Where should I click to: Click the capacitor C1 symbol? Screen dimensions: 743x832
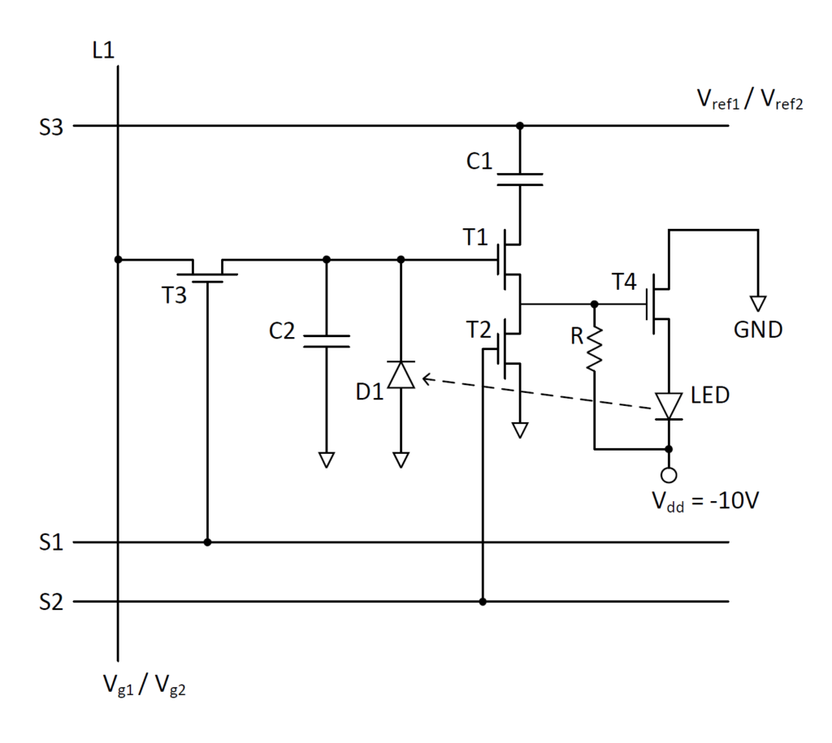click(x=519, y=179)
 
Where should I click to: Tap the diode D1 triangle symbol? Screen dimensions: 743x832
click(x=401, y=374)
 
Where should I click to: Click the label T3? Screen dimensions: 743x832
click(x=172, y=295)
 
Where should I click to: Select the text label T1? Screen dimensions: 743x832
click(x=477, y=237)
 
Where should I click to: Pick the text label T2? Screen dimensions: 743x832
click(x=479, y=330)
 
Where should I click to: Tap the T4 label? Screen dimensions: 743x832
click(x=626, y=282)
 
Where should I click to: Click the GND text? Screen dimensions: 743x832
click(x=757, y=330)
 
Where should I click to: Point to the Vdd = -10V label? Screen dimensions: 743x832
click(x=704, y=500)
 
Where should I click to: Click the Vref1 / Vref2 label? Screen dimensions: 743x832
click(x=749, y=100)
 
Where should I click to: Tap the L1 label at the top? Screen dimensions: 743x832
click(x=103, y=50)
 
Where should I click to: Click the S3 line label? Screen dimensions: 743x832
click(x=52, y=127)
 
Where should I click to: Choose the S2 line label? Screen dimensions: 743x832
click(x=52, y=603)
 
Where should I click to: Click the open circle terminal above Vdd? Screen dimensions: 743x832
click(x=669, y=473)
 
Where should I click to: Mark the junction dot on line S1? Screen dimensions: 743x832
click(x=207, y=542)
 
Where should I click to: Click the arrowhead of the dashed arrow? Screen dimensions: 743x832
click(x=426, y=378)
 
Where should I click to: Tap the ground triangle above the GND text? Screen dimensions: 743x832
click(x=757, y=304)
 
